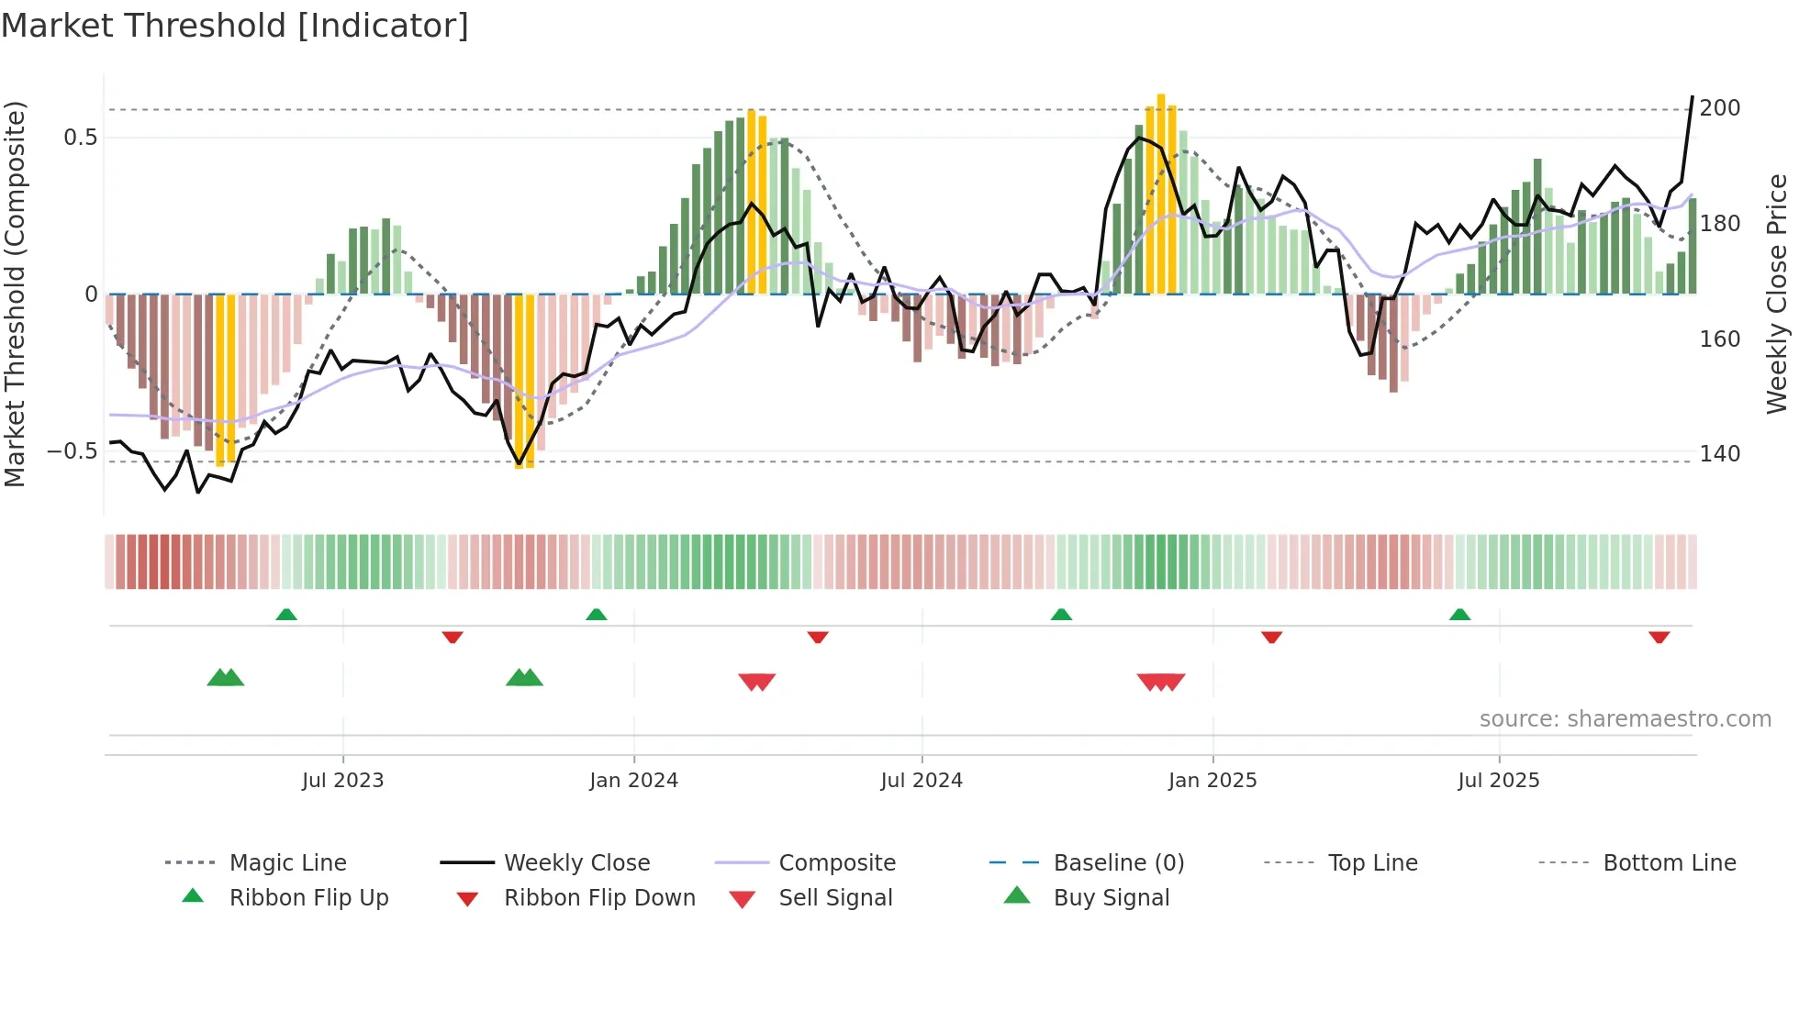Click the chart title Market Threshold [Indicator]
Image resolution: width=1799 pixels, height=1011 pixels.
click(235, 26)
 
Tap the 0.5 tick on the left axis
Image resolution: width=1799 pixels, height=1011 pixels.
click(80, 138)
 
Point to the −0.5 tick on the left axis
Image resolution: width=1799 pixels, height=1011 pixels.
click(73, 451)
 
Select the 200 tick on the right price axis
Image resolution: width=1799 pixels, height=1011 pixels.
click(1719, 108)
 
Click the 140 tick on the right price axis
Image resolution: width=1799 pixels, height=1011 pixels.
click(1719, 454)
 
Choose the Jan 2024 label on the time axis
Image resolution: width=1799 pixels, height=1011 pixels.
click(633, 781)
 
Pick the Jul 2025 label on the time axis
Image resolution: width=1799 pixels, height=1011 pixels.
click(1498, 781)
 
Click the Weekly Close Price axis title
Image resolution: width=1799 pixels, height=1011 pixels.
click(1777, 294)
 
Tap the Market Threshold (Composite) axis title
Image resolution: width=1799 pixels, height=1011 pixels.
click(15, 294)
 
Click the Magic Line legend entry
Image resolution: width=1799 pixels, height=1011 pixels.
click(287, 863)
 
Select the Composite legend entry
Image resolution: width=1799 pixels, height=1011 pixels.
click(836, 863)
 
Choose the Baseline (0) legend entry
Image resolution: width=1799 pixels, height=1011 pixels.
click(1118, 863)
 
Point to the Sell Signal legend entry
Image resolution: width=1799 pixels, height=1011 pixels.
click(834, 898)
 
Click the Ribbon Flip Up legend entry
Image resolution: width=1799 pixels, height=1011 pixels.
click(308, 898)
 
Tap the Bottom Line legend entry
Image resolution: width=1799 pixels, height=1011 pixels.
click(1669, 863)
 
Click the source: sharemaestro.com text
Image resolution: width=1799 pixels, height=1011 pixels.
click(1625, 719)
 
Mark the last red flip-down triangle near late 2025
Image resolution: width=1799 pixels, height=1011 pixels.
click(1659, 637)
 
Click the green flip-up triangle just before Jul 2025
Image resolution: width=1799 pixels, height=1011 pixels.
click(1459, 615)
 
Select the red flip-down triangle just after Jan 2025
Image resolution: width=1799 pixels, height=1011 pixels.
click(1271, 637)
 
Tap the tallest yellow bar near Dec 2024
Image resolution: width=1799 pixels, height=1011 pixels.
click(1161, 193)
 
